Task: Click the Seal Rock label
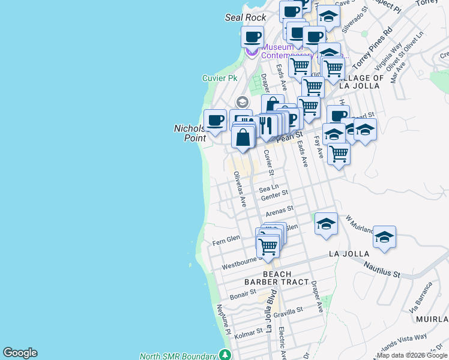[x=241, y=17]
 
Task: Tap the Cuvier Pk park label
[x=219, y=78]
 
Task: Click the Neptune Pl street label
[x=222, y=318]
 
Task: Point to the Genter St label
[x=275, y=194]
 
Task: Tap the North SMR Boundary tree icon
[x=225, y=355]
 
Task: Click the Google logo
[x=20, y=353]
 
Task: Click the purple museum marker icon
[x=252, y=53]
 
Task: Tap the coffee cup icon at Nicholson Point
[x=215, y=120]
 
